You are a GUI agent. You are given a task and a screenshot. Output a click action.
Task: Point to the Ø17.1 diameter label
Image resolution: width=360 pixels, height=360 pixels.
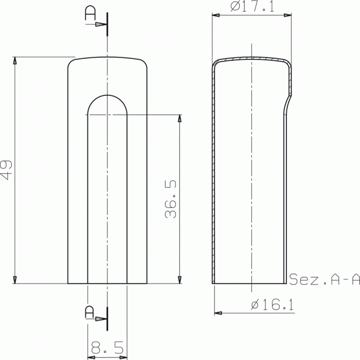click(252, 7)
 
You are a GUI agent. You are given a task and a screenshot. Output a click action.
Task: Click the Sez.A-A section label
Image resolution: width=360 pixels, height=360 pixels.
click(325, 279)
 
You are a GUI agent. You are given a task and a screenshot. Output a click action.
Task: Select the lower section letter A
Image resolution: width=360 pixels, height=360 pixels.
click(89, 312)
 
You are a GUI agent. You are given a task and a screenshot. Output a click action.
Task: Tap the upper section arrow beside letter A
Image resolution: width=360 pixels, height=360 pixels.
click(100, 25)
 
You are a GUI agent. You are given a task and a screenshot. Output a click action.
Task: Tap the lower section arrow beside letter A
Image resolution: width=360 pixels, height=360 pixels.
click(100, 319)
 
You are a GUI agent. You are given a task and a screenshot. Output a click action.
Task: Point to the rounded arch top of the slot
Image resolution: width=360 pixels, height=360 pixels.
click(107, 95)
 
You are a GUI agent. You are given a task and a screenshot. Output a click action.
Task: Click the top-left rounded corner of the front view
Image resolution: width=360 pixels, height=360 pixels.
click(70, 62)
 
